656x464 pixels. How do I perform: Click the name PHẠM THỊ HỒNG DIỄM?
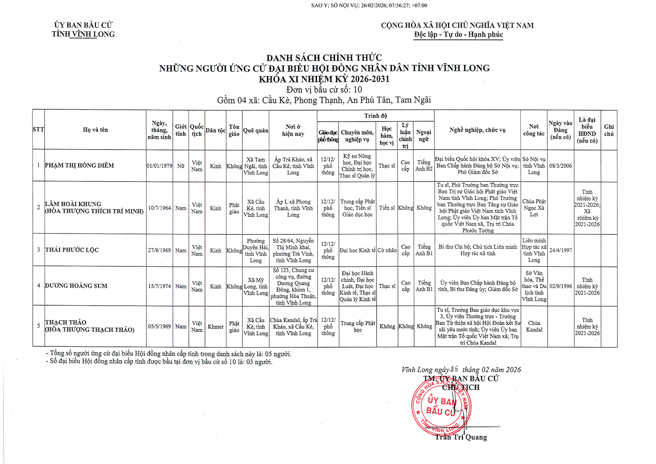tap(79, 165)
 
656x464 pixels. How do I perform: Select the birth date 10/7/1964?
tap(159, 208)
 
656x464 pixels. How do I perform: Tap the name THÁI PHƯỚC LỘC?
tap(72, 250)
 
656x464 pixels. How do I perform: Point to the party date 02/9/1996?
tap(560, 286)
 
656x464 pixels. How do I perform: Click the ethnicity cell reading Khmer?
tap(216, 327)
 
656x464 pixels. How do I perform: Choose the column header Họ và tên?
tap(95, 130)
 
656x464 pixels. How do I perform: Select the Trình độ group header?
tap(375, 116)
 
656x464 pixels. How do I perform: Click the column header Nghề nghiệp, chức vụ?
tap(477, 130)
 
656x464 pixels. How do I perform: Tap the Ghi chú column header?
tap(609, 130)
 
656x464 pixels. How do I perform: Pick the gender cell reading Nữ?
tap(181, 166)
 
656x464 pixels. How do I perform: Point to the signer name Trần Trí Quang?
tap(461, 437)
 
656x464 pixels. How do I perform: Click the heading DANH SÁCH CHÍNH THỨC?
tap(324, 58)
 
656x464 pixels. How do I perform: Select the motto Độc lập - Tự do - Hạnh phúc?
tap(458, 35)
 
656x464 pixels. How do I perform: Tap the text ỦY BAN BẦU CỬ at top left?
tap(83, 25)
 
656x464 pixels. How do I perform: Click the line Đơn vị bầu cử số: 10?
tap(324, 90)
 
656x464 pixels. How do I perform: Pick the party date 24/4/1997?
tap(560, 251)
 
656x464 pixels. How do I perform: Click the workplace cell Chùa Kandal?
tap(534, 327)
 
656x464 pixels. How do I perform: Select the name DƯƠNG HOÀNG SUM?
tap(76, 286)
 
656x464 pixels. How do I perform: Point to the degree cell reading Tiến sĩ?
tap(387, 208)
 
